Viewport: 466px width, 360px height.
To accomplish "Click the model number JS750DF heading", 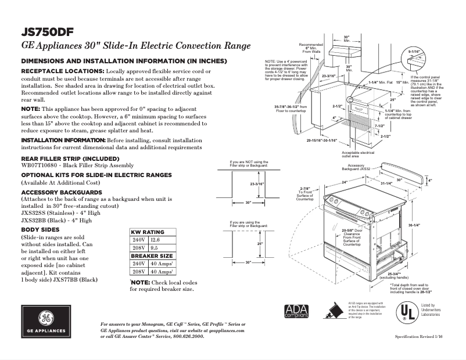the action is coord(47,31).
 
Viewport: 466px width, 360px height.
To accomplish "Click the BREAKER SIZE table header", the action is coord(152,255).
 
